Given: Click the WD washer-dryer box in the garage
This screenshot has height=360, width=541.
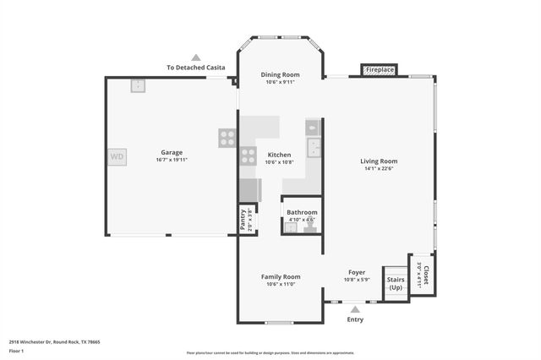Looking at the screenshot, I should (x=117, y=156).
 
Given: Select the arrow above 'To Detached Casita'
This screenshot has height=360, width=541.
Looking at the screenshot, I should (x=196, y=57).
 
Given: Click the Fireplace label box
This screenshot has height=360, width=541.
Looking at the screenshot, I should (x=379, y=70).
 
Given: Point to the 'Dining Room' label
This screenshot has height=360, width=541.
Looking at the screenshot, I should (x=280, y=74).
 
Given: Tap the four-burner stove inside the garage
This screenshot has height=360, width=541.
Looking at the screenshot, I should (x=227, y=138).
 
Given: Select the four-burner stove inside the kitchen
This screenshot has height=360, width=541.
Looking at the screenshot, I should (x=248, y=155).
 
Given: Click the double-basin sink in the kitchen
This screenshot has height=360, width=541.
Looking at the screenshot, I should (x=314, y=149).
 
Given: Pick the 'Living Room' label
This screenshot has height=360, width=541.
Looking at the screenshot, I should (x=379, y=161).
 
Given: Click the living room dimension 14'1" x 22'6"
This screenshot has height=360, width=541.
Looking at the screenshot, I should (x=379, y=168).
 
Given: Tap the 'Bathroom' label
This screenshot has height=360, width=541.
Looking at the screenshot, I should (x=302, y=212).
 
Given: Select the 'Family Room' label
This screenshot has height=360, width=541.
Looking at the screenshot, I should (x=280, y=276).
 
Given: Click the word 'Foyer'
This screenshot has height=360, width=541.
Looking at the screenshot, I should (x=356, y=272).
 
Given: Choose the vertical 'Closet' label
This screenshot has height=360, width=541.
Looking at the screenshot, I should (x=425, y=275).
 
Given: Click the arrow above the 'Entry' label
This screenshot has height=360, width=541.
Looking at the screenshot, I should (x=354, y=309).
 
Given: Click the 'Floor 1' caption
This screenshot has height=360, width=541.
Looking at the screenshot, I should (x=16, y=350).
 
